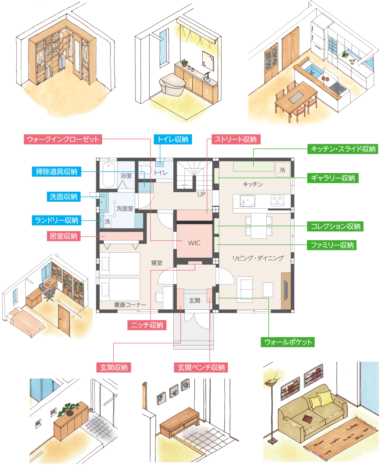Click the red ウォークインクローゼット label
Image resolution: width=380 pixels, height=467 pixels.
click(63, 139)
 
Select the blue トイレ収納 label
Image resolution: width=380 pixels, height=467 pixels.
click(173, 139)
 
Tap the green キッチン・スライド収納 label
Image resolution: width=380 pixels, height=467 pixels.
click(343, 149)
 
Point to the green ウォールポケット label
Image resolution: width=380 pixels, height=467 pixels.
click(288, 342)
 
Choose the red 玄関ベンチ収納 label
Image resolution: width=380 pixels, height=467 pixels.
click(201, 368)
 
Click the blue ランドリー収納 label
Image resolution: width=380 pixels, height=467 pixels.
click(56, 220)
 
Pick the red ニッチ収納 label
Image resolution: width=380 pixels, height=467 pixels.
click(147, 325)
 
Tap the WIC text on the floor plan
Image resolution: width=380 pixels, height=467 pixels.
click(194, 243)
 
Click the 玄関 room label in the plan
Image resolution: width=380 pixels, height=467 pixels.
click(195, 301)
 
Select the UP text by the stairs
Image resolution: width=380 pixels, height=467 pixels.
click(201, 194)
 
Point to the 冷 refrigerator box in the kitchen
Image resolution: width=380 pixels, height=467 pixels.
click(282, 170)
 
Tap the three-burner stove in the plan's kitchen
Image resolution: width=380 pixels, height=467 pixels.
click(277, 200)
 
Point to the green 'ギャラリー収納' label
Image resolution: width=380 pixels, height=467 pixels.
click(332, 178)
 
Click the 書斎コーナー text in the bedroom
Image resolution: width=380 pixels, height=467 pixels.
click(130, 305)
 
